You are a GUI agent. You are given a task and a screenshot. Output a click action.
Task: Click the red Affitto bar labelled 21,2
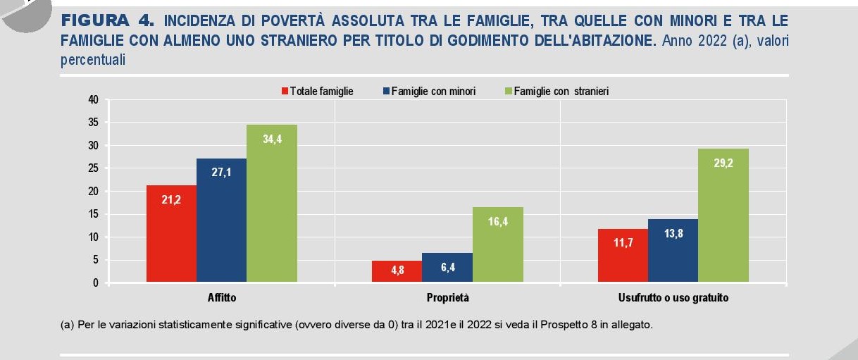171,234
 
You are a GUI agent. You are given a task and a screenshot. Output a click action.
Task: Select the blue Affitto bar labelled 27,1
221,221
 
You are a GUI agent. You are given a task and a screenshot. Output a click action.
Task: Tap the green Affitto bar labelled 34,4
271,204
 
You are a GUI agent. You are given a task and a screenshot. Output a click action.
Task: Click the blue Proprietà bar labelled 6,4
447,268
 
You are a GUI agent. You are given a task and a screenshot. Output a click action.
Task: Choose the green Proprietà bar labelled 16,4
497,245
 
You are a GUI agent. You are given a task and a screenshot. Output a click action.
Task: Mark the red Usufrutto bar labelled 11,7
623,256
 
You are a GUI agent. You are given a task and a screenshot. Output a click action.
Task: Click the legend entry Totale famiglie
316,91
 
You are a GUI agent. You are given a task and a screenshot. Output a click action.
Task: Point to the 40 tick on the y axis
93,99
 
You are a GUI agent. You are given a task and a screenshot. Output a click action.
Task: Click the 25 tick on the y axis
93,168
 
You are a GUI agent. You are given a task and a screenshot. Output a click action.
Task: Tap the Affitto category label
222,298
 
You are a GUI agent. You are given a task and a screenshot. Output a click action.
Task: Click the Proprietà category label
447,298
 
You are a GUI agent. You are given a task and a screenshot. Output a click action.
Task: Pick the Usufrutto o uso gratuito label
673,298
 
